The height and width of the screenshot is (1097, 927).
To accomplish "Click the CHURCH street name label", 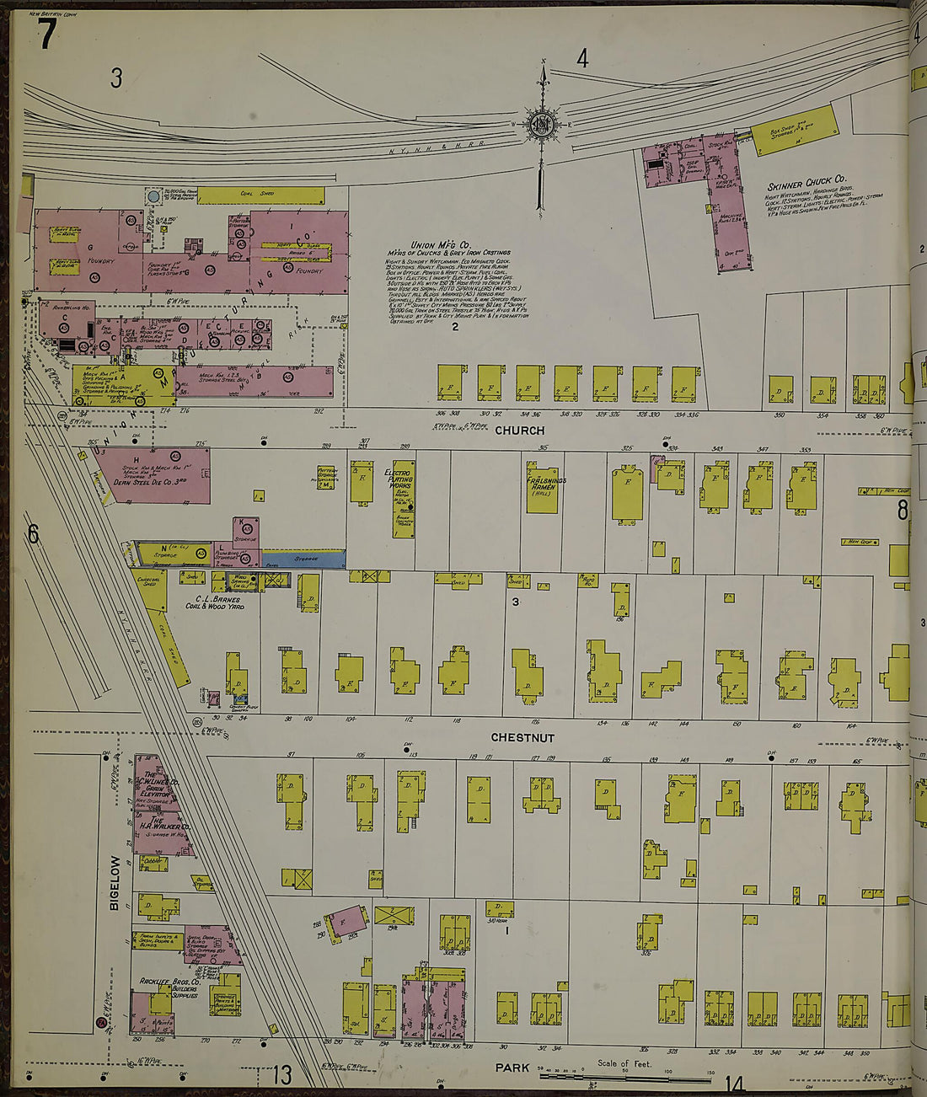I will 519,431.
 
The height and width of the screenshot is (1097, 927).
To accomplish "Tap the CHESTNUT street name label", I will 522,738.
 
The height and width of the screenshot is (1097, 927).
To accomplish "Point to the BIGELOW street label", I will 115,883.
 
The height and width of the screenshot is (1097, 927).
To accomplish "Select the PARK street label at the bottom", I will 512,1068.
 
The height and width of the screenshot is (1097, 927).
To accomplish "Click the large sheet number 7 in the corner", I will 47,34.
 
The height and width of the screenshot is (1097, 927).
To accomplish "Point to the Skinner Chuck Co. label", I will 806,181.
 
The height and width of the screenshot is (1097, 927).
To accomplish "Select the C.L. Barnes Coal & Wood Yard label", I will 212,603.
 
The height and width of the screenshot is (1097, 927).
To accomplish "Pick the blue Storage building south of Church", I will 305,559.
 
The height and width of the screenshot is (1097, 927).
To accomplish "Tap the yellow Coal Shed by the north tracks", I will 260,195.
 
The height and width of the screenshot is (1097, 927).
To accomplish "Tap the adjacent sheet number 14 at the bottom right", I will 734,1084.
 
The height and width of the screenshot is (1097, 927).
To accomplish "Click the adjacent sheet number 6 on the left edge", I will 34,534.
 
